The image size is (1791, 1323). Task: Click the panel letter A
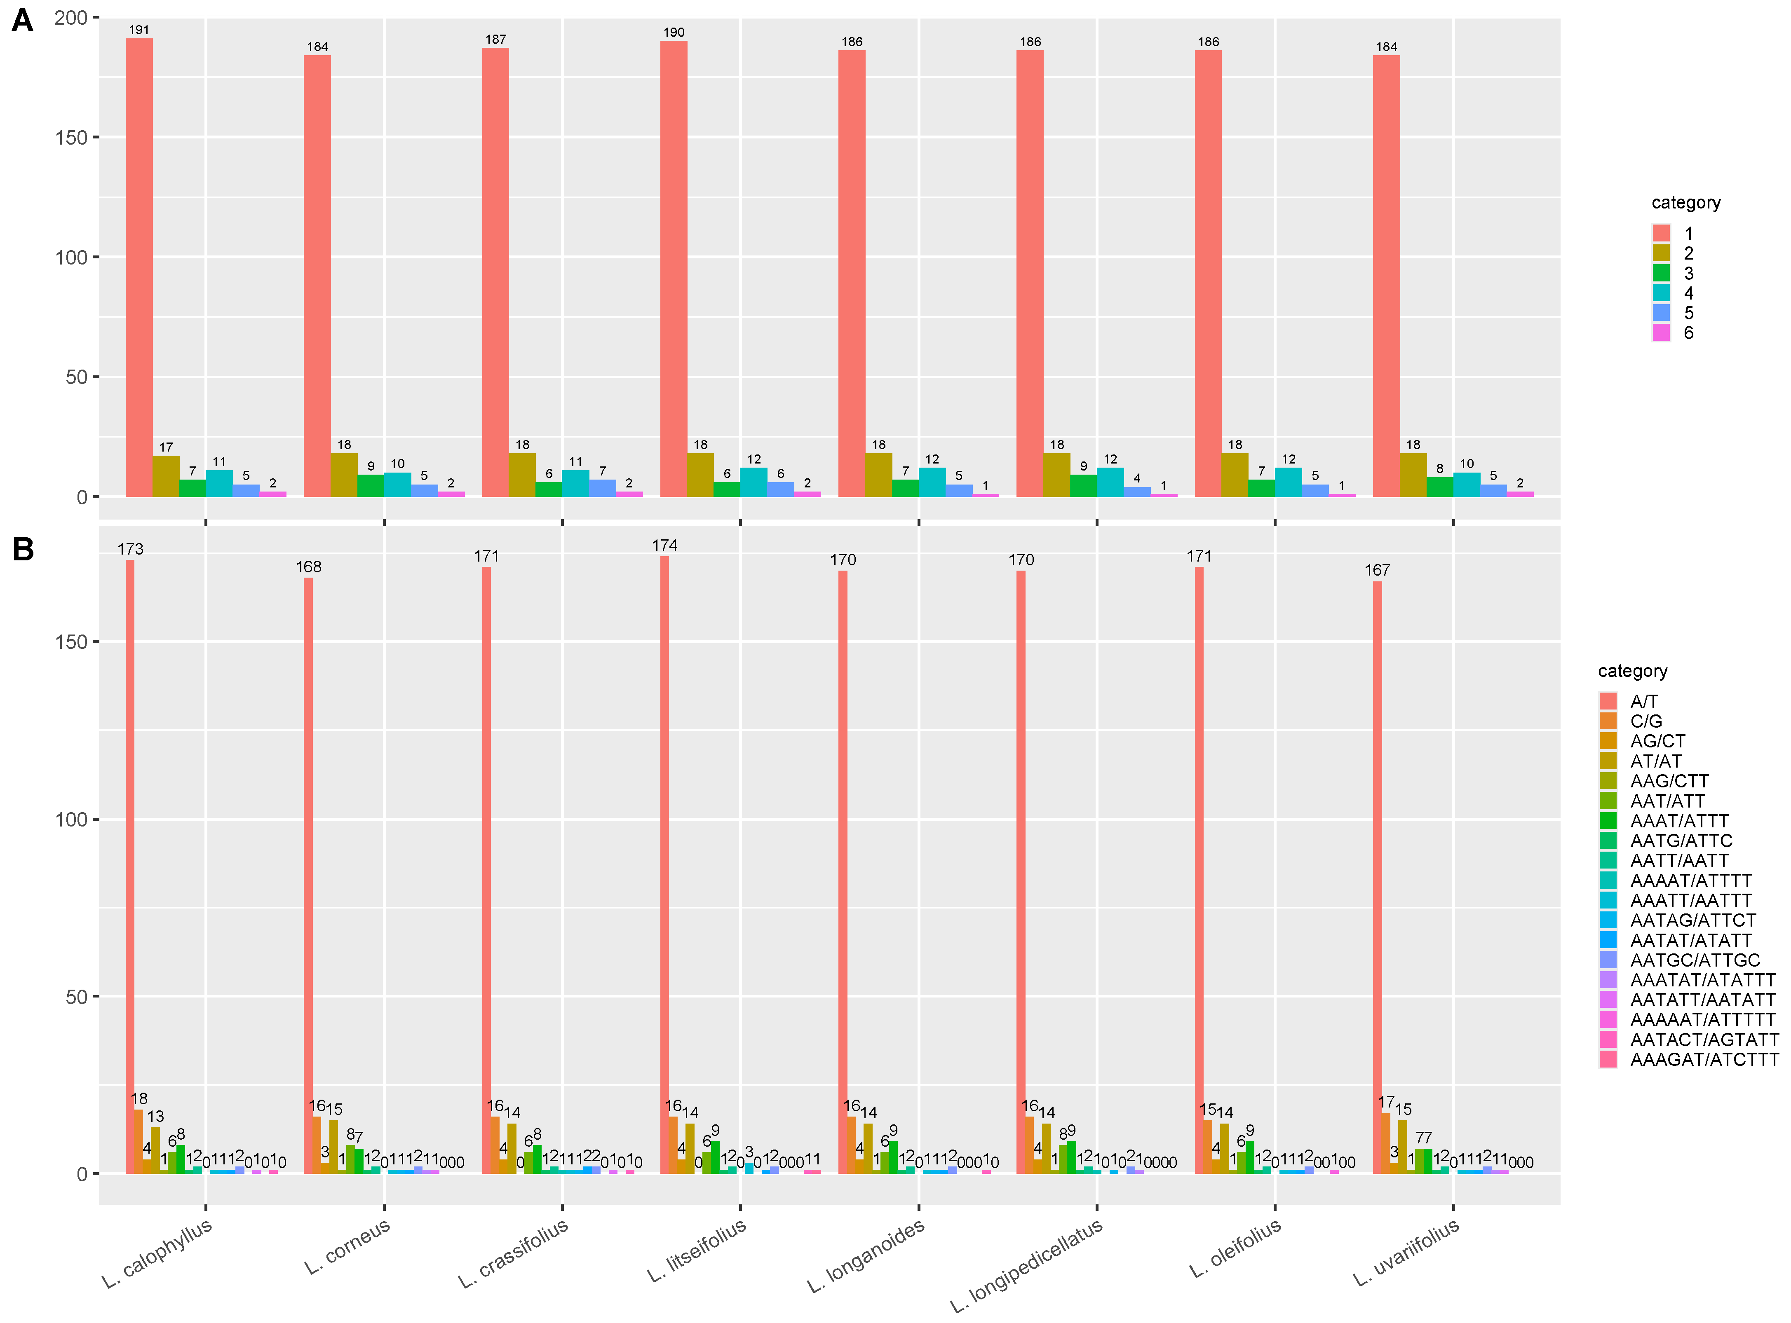[22, 20]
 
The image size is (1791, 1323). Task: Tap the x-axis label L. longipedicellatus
[1027, 1265]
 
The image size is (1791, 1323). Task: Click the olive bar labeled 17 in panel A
[166, 477]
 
